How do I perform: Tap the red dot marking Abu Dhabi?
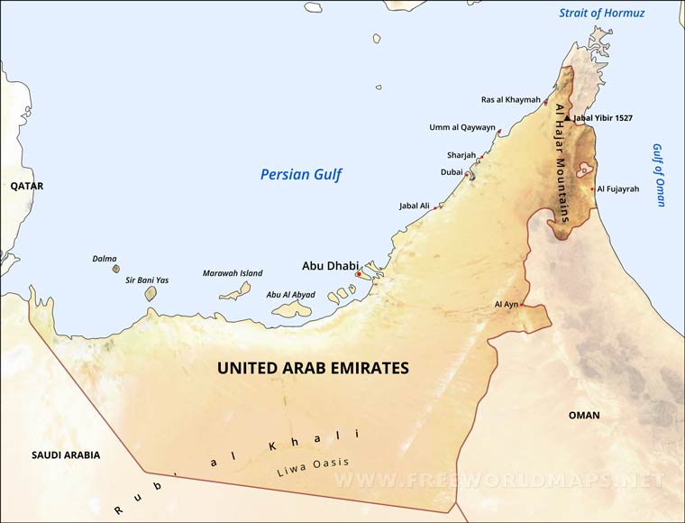click(x=359, y=273)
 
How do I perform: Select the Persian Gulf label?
click(x=301, y=174)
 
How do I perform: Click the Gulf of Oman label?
click(x=659, y=175)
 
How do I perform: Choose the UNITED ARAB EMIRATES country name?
click(x=313, y=368)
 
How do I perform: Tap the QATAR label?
click(x=27, y=186)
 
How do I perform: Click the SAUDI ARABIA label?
click(x=65, y=455)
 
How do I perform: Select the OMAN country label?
click(x=584, y=415)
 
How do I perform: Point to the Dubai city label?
click(x=452, y=171)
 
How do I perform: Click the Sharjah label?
click(x=461, y=155)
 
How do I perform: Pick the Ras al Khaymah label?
click(x=511, y=99)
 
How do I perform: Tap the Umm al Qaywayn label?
click(x=461, y=127)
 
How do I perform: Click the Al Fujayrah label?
click(x=617, y=189)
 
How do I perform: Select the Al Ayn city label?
click(x=506, y=305)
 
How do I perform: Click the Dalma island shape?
click(x=115, y=268)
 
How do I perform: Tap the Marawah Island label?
click(x=233, y=272)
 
